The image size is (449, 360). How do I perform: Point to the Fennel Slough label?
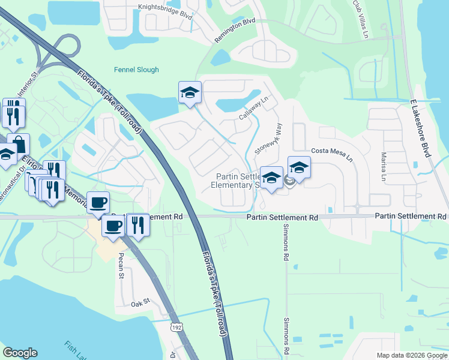[136, 70]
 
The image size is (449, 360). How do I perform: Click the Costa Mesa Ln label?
[331, 154]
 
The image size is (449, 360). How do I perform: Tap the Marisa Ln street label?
[384, 166]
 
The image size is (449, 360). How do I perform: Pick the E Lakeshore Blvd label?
[421, 129]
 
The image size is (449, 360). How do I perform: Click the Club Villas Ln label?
[360, 13]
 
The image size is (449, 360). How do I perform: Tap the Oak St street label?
[140, 304]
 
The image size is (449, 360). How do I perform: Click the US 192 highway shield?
[176, 328]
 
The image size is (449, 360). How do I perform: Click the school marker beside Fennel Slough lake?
[190, 92]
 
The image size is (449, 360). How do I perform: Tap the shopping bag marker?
[19, 144]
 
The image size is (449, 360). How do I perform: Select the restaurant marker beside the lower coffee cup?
[139, 225]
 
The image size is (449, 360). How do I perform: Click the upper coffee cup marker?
[98, 202]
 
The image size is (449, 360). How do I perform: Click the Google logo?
[20, 353]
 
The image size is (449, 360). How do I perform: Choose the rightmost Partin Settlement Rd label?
[411, 216]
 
